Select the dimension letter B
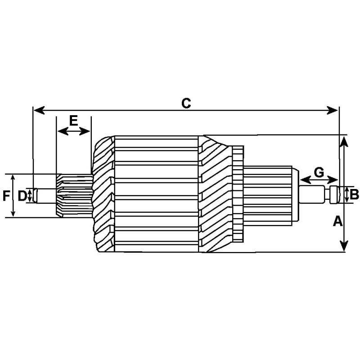[x=354, y=195]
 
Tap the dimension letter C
[x=186, y=103]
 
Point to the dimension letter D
[x=22, y=195]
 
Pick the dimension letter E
[x=74, y=120]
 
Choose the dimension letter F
[x=6, y=196]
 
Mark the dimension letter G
[x=319, y=172]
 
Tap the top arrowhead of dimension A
[x=344, y=140]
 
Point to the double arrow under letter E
[x=74, y=131]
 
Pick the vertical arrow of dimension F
[x=13, y=196]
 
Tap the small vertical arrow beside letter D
[x=30, y=195]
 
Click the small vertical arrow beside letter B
[x=346, y=194]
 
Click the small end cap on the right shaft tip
[x=333, y=195]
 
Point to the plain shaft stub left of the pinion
[x=45, y=196]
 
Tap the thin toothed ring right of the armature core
[x=238, y=193]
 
